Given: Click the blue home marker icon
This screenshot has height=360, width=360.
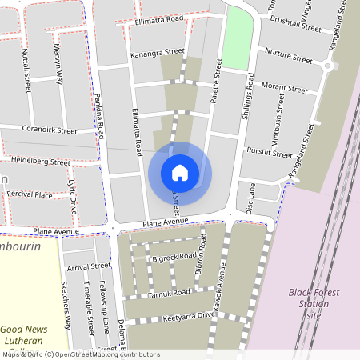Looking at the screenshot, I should (x=180, y=172).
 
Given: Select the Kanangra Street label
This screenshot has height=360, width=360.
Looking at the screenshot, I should (x=157, y=54).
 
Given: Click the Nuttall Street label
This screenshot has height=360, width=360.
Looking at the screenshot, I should (x=26, y=68).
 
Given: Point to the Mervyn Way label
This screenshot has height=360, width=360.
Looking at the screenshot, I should (x=58, y=69).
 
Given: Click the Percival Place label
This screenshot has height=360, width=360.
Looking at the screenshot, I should (x=30, y=194).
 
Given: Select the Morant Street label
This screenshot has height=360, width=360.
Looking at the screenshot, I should (x=285, y=86).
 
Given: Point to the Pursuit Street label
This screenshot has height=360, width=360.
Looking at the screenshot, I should (x=270, y=152).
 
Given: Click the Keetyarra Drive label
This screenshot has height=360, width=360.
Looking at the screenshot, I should (x=189, y=316).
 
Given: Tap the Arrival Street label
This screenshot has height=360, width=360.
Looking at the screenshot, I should (x=88, y=266).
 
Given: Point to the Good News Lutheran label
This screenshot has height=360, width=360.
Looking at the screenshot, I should (x=24, y=334).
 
